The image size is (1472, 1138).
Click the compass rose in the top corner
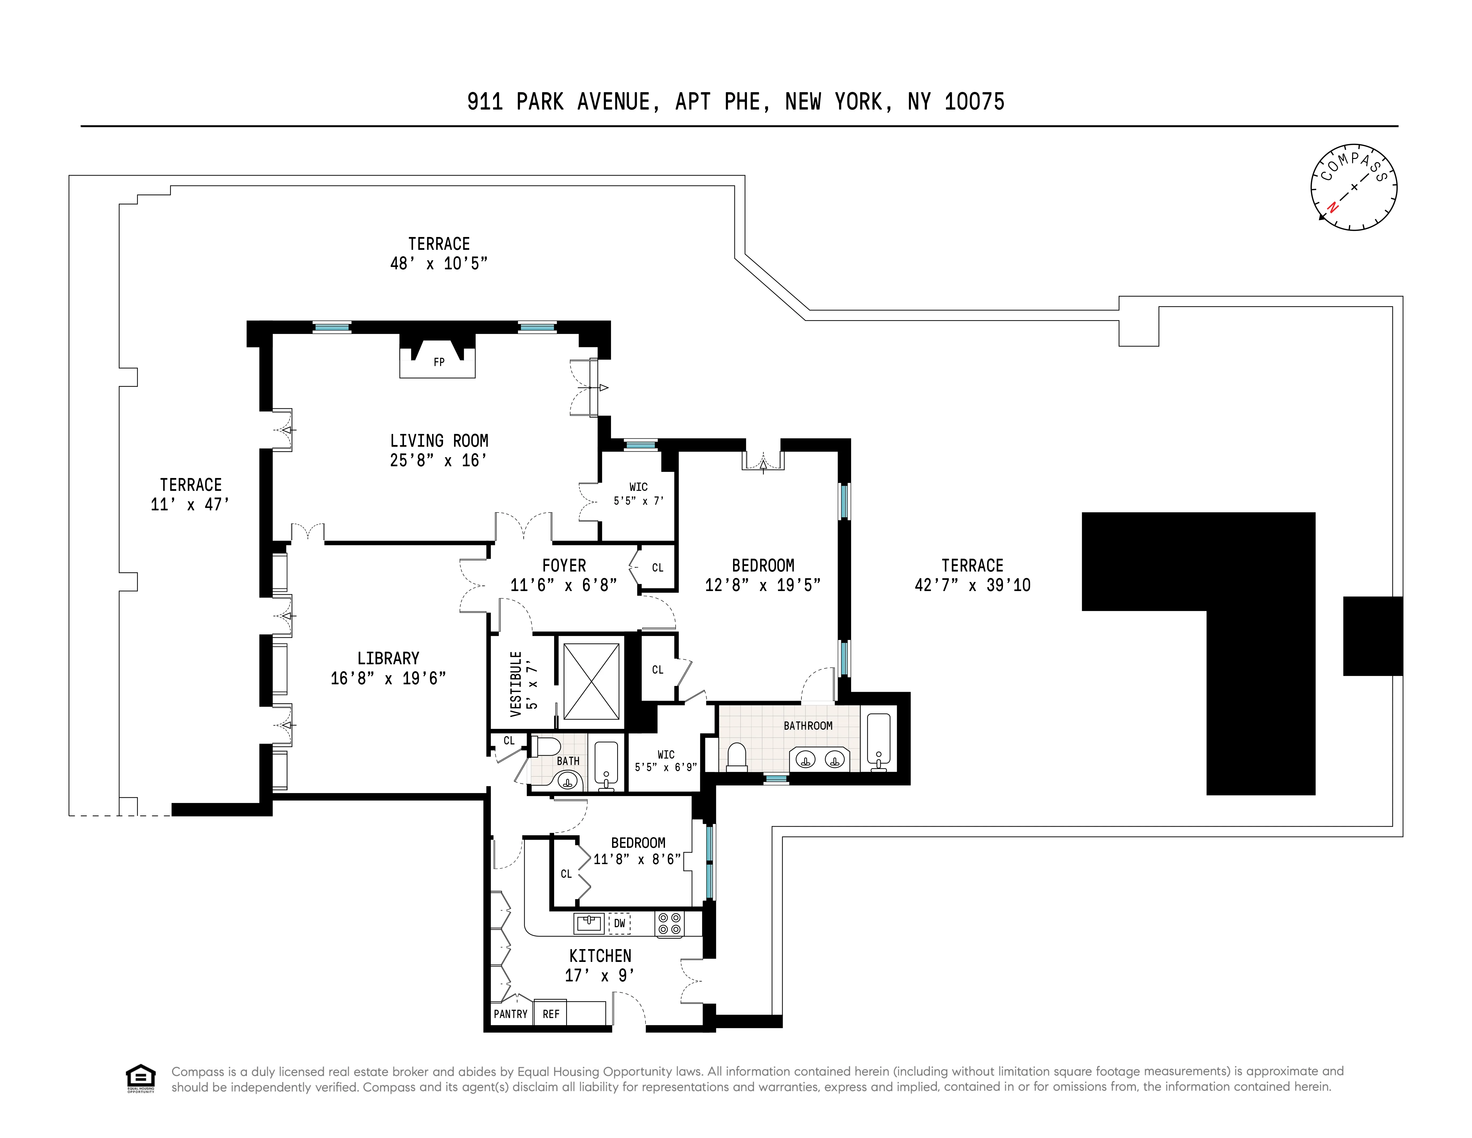point(1353,187)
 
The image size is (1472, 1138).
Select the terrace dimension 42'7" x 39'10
point(972,585)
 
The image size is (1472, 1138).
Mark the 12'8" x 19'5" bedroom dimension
point(762,585)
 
